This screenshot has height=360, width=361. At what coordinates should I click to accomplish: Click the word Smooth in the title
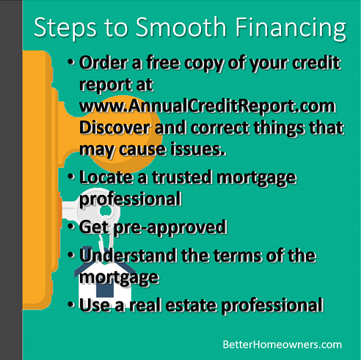tap(180, 27)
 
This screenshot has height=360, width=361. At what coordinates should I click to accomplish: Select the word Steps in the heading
tap(65, 28)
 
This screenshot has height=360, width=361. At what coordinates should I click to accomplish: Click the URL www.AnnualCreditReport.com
tap(208, 106)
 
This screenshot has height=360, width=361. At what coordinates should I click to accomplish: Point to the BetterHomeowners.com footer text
tap(282, 345)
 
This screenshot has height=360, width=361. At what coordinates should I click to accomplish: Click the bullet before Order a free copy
tap(71, 62)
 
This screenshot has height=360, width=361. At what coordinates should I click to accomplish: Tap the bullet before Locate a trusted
tap(71, 177)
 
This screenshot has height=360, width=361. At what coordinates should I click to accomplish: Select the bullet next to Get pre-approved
tap(71, 227)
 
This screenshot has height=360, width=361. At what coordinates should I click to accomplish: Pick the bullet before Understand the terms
tap(71, 255)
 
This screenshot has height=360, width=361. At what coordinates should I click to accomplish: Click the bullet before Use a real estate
tap(71, 304)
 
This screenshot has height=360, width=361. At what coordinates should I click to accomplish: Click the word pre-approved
tap(170, 228)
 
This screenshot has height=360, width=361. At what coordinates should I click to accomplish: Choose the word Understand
tap(128, 255)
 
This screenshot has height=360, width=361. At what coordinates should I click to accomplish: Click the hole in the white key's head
tap(106, 210)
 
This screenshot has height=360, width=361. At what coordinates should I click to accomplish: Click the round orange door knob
tap(125, 133)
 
